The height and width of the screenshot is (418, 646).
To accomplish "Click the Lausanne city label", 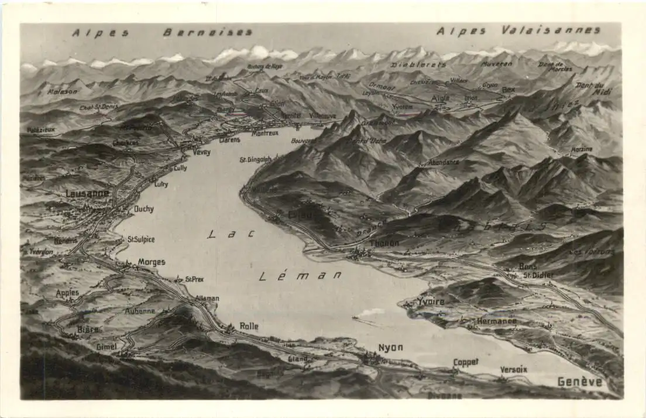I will (x=87, y=194).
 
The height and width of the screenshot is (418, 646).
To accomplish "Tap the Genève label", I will (x=579, y=382).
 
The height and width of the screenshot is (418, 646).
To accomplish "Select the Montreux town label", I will (x=264, y=133).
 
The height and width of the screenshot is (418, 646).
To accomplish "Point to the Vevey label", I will (x=201, y=152).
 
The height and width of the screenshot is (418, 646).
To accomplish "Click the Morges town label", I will (x=152, y=262).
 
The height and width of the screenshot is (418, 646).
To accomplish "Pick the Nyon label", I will (x=390, y=347).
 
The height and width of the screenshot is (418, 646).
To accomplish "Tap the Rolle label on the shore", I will (x=249, y=326).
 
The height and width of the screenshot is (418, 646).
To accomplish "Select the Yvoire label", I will (x=431, y=301).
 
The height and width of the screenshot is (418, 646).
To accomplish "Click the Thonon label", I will (x=384, y=243).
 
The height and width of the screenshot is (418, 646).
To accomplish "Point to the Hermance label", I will (x=496, y=321).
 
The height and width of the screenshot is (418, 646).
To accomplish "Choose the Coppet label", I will (x=466, y=362).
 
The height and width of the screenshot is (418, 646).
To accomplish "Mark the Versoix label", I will (x=513, y=369).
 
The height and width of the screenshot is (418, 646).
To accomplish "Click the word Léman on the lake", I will (x=301, y=275).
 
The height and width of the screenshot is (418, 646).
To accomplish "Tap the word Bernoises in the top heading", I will (x=208, y=32).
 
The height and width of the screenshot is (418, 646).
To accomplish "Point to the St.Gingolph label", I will (x=256, y=159).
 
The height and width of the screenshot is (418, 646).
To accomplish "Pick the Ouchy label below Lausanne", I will (x=143, y=208).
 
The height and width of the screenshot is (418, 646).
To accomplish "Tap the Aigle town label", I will (x=441, y=98).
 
